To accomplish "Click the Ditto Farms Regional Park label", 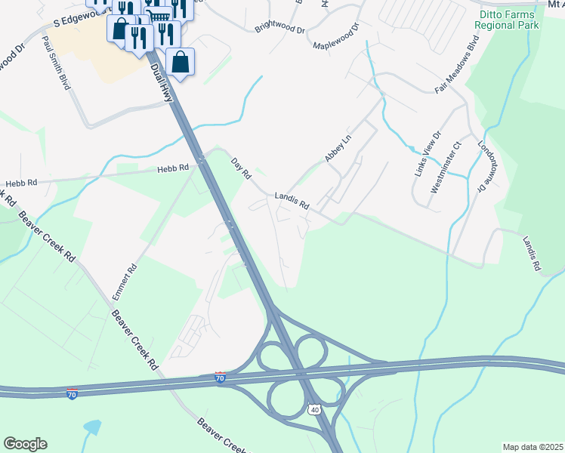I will click(508, 19).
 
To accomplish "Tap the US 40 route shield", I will click(313, 408).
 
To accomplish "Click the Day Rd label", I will click(241, 168).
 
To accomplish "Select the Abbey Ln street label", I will click(338, 148).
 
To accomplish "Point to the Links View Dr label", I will click(427, 155).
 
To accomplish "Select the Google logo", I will click(25, 444).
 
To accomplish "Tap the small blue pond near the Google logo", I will click(92, 427).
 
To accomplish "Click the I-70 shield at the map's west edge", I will click(72, 395).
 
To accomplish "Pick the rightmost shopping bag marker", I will click(181, 63).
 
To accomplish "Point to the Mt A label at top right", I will click(554, 4).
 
